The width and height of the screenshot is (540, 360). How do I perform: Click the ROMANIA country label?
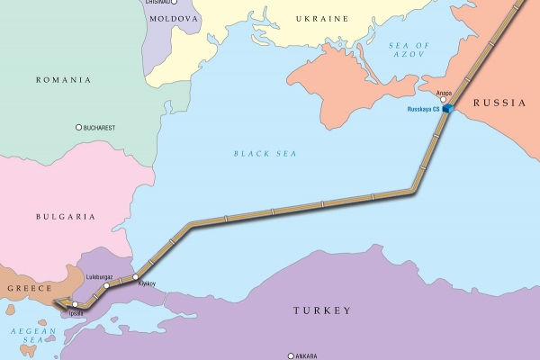click(63, 80)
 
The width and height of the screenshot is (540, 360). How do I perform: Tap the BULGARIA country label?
click(65, 217)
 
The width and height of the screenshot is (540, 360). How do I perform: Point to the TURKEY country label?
click(321, 310)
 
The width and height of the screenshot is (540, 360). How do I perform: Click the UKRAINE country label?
click(321, 18)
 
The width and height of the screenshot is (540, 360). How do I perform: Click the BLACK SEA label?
click(265, 154)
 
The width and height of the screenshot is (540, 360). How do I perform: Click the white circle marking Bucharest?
click(79, 127)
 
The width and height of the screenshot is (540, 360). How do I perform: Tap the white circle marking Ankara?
click(291, 355)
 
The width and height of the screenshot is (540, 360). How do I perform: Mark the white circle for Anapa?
click(443, 100)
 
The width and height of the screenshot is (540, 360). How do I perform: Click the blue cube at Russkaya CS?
click(446, 109)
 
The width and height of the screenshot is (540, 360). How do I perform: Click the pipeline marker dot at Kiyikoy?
click(137, 276)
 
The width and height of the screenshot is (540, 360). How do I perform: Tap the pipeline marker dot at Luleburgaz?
click(106, 286)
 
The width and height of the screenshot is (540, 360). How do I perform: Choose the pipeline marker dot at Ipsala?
click(76, 305)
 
